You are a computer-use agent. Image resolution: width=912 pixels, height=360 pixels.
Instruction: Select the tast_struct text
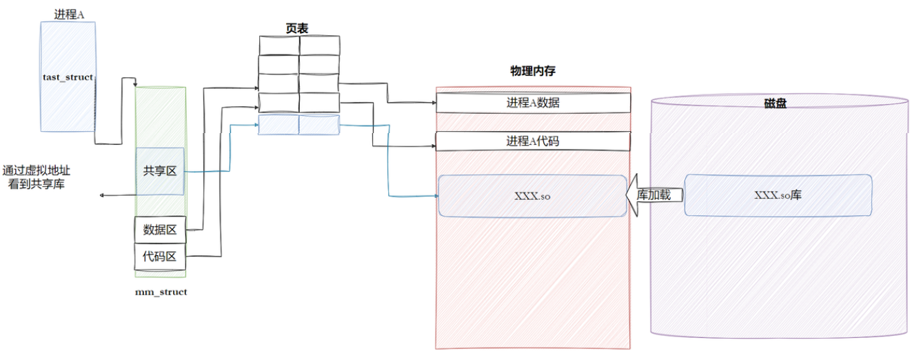click(68, 77)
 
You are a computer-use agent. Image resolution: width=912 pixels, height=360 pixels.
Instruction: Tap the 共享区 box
click(160, 171)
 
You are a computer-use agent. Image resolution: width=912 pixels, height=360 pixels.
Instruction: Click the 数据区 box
click(160, 230)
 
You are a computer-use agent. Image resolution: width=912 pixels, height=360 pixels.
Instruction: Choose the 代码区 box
click(160, 257)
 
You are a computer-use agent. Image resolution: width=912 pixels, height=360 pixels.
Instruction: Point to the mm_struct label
click(161, 292)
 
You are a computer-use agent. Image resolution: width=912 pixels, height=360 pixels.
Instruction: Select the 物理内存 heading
click(533, 71)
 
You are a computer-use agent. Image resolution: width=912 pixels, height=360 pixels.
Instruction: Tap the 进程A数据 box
click(533, 103)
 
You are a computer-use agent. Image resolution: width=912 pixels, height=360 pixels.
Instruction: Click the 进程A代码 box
click(533, 141)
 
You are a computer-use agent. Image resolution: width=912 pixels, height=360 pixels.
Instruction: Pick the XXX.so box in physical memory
click(533, 196)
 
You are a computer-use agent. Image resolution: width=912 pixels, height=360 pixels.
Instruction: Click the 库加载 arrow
click(654, 195)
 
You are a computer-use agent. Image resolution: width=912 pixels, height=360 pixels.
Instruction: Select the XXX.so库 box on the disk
click(778, 195)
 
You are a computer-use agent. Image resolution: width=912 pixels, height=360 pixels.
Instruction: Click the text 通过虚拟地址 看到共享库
click(37, 177)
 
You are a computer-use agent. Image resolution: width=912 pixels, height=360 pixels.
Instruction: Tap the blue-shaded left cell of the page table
click(278, 125)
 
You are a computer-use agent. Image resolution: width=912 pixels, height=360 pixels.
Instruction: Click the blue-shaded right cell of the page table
click(319, 125)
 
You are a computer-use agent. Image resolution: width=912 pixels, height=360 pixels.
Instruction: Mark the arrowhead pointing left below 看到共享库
click(103, 196)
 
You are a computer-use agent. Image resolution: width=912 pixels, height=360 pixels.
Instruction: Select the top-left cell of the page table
click(278, 46)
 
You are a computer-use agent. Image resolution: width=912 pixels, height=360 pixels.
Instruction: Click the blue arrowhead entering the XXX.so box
click(436, 196)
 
